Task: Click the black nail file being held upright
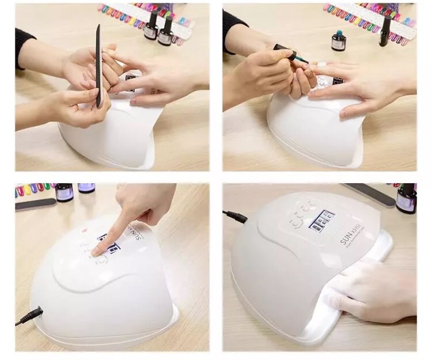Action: (x=98, y=66)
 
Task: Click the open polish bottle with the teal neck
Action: (x=339, y=40)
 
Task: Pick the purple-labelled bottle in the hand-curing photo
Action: (x=406, y=199)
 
